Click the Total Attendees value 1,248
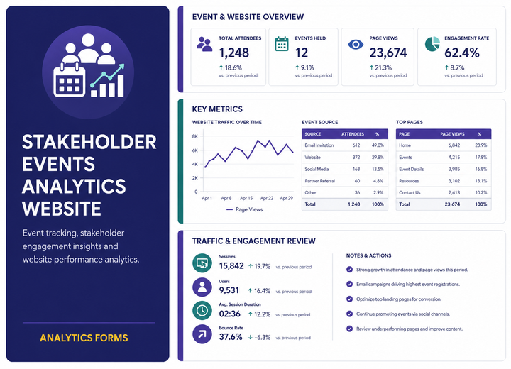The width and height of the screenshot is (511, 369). pos(233,53)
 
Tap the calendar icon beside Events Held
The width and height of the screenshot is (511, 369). pos(282,44)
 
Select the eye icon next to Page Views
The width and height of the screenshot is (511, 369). pos(356,44)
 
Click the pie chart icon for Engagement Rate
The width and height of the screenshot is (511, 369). pos(432,44)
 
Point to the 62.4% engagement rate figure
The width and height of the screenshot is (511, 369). pos(462,53)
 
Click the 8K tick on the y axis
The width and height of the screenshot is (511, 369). pos(195,136)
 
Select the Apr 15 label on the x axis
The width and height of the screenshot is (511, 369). pos(246,198)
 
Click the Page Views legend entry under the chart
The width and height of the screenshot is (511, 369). pos(244,209)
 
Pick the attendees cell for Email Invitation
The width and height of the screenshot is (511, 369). pos(356,145)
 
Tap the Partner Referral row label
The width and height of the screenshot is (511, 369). pos(319,181)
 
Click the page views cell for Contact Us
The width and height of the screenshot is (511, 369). pos(454,192)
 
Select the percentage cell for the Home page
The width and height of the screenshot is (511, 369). pos(481,145)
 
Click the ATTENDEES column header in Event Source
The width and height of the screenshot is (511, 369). pos(353,134)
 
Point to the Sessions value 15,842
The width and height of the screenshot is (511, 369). pos(231,266)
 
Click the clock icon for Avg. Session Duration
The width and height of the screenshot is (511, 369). pos(202,310)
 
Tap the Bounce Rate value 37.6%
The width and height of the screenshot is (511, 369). pos(231,337)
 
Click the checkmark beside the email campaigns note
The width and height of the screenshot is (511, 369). pos(349,285)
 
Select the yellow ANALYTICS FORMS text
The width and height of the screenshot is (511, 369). pos(84,338)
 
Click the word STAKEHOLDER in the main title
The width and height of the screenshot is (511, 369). pos(89,142)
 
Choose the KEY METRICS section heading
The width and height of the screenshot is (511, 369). pos(217,109)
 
